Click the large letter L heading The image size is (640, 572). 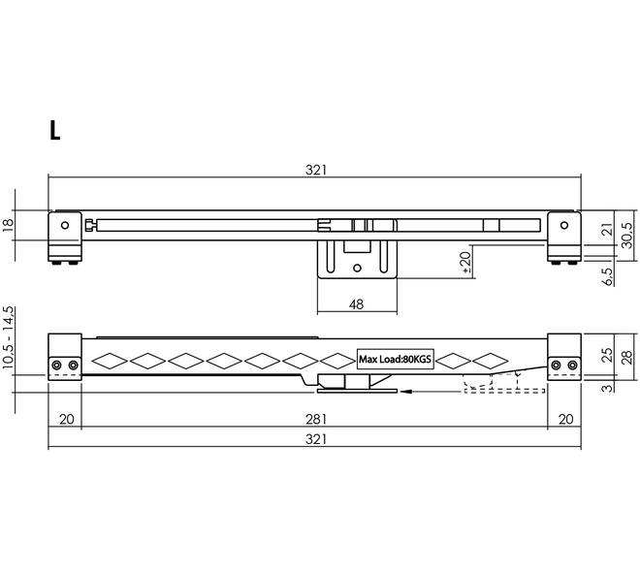point(54,131)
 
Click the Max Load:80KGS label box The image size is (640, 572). point(395,360)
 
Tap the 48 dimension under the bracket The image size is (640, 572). point(356,304)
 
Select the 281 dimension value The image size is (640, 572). point(316,419)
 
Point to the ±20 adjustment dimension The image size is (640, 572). point(465,262)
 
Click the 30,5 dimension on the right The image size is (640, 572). point(627,236)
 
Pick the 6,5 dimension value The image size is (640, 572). point(608,276)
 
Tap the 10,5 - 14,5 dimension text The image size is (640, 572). point(9,338)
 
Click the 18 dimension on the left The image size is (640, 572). point(8,226)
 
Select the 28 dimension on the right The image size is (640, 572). point(627,357)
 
